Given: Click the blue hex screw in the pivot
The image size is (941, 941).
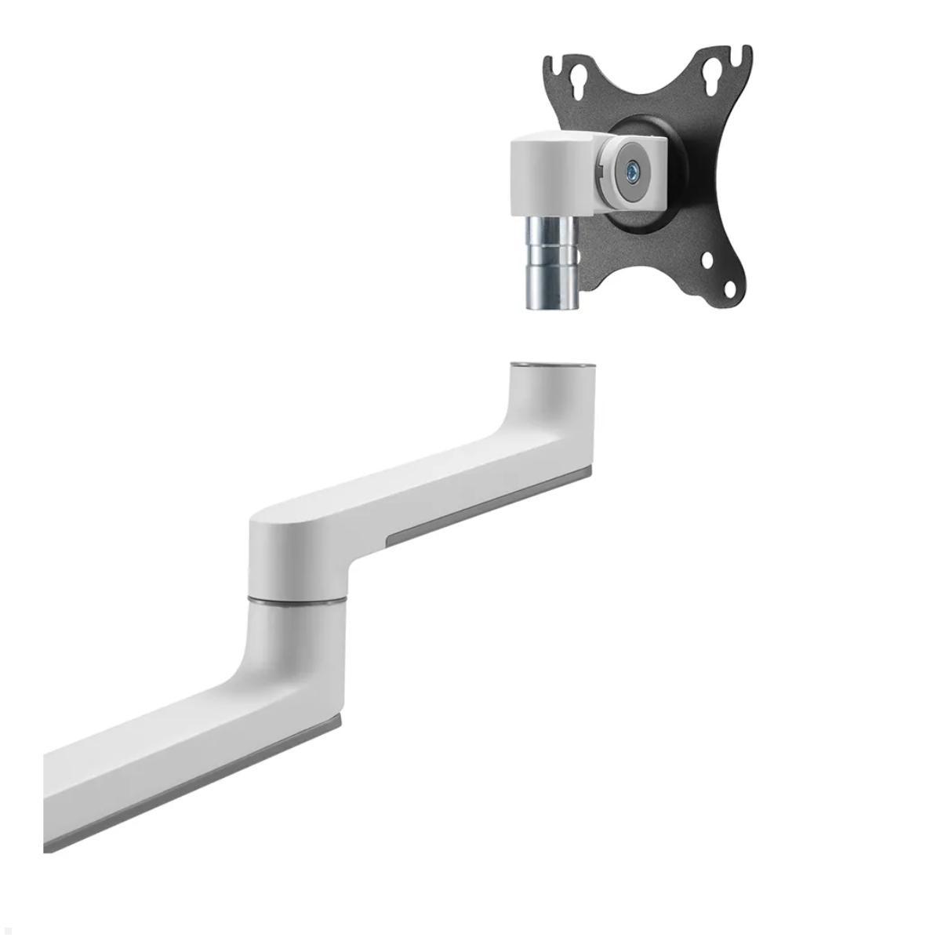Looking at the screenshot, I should pos(631,167).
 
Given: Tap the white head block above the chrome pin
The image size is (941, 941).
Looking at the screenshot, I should pos(547,176).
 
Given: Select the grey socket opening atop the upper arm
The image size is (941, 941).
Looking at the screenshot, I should pos(552,365).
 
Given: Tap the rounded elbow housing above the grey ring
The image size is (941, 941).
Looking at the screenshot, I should pos(298,557).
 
